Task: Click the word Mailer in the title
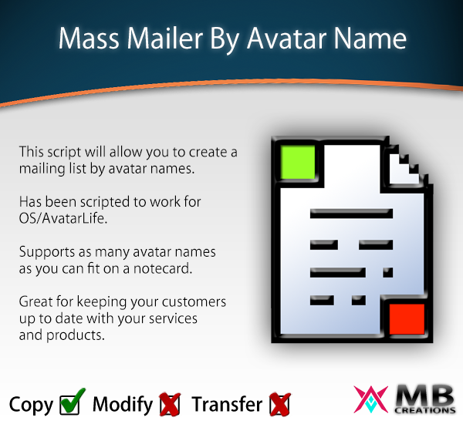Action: pos(165,39)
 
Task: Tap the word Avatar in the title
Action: pos(286,39)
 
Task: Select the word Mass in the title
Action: pos(89,39)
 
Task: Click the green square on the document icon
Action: pos(298,163)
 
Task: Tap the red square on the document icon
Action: pos(407,319)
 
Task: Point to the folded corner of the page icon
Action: pos(404,167)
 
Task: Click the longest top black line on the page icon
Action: pos(351,214)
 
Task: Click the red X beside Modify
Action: pos(170,404)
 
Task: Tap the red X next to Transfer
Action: pos(280,404)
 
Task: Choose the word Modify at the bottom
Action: pos(123,405)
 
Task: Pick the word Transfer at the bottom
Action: pos(227,404)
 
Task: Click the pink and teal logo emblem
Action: pos(370,399)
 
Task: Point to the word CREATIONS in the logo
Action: pos(425,410)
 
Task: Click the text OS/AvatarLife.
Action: pos(63,219)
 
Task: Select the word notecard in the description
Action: pos(163,268)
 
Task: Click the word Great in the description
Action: pos(35,302)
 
